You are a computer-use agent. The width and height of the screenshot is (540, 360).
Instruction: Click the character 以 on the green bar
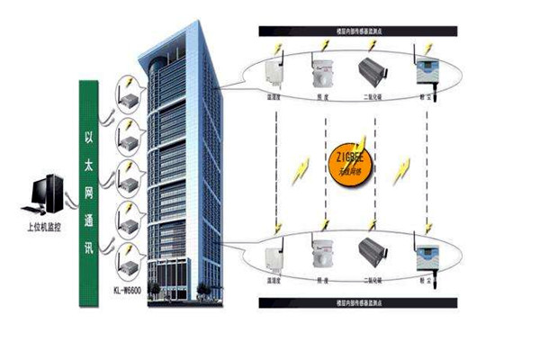89,140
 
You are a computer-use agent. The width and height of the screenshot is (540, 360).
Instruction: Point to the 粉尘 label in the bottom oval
421,281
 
